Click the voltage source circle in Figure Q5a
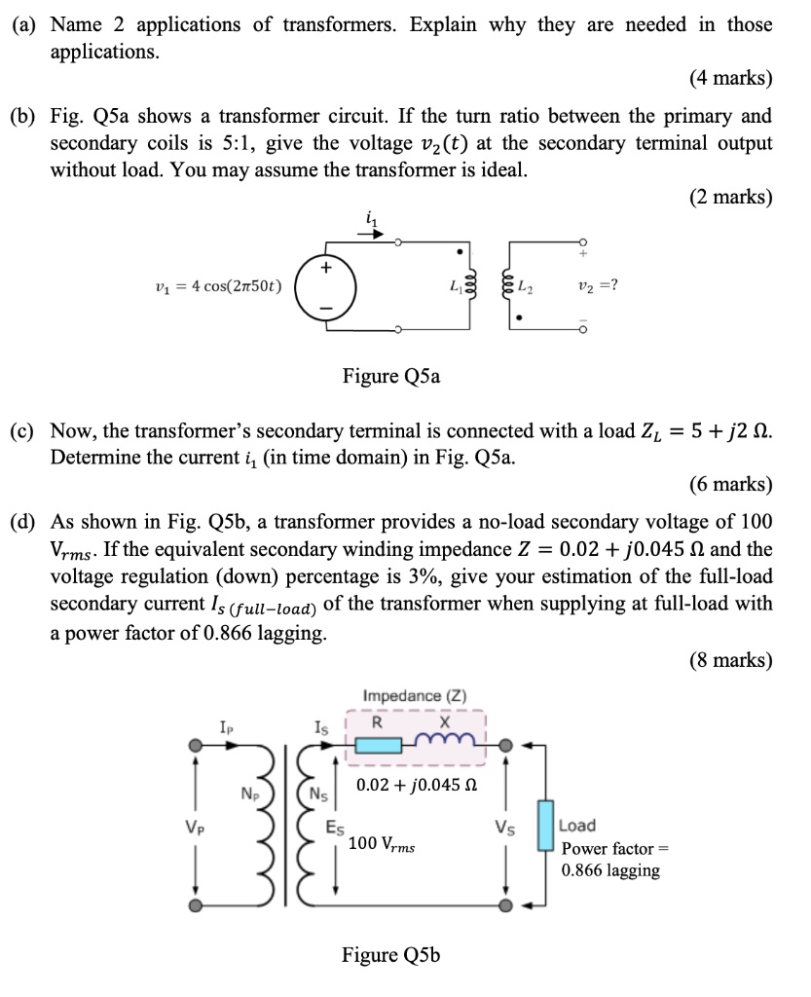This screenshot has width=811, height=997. pyautogui.click(x=326, y=286)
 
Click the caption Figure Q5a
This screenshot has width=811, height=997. pyautogui.click(x=390, y=376)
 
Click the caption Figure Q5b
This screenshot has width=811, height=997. pyautogui.click(x=390, y=954)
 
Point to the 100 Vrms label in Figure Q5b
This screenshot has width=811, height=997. pyautogui.click(x=382, y=844)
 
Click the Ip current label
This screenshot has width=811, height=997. pyautogui.click(x=226, y=726)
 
